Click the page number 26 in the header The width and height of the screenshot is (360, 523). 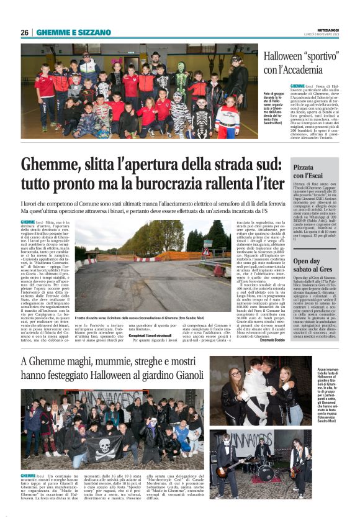point(24,32)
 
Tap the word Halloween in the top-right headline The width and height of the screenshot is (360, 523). point(284,58)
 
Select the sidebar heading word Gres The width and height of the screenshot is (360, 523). point(327,271)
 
